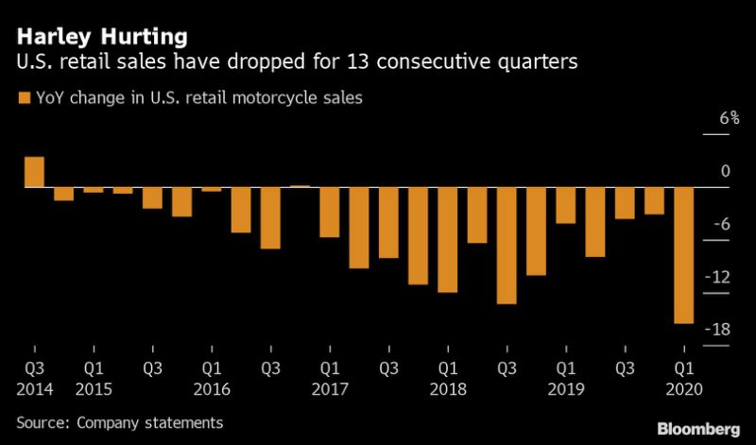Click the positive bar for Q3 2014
pos(34,171)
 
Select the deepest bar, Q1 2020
pos(683,254)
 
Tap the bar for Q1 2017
pos(329,211)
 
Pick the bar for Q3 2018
pos(507,245)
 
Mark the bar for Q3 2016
pos(270,217)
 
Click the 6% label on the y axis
pos(728,119)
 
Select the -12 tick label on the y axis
pos(723,277)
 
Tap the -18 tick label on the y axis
pos(723,330)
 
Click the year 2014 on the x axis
pos(34,389)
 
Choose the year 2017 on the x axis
pos(330,389)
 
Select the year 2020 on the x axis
pos(683,389)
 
